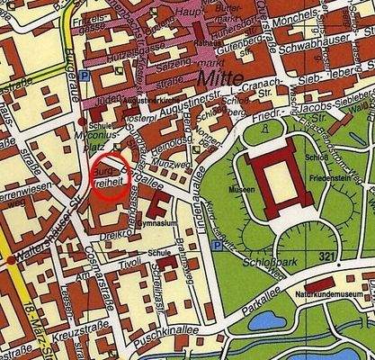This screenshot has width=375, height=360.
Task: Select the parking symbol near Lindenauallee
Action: [216, 246]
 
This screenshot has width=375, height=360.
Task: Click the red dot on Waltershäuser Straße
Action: [10, 259]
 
